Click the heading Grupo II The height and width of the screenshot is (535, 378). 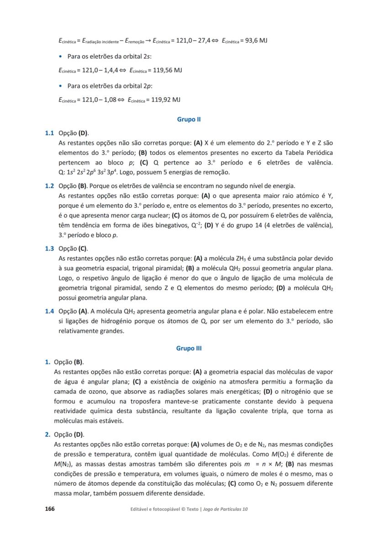click(x=189, y=120)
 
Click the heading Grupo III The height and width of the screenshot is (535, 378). click(x=189, y=349)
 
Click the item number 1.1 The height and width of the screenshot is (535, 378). click(x=49, y=133)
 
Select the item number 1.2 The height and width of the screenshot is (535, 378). click(x=49, y=186)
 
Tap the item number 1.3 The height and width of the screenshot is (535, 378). click(x=49, y=249)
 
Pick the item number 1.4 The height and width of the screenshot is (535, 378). click(x=49, y=312)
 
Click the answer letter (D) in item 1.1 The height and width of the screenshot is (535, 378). click(x=83, y=133)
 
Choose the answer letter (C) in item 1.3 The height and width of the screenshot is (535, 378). click(x=83, y=249)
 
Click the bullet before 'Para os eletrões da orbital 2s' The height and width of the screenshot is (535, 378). click(x=61, y=56)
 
